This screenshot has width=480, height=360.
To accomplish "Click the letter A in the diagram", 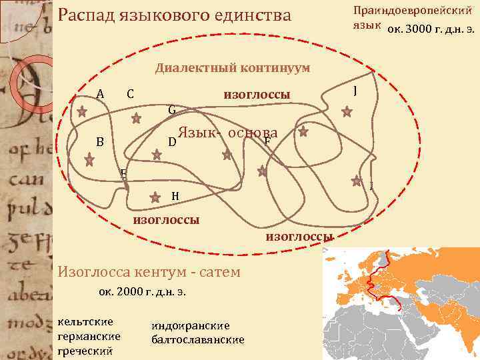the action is point(100,93).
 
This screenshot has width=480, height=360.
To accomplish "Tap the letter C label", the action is point(130,93).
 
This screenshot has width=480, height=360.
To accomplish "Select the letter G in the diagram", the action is point(171,109).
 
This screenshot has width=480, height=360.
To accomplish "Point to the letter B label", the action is point(99,141).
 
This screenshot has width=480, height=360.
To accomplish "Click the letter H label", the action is point(175,195).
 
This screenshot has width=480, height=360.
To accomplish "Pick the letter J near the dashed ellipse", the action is point(357,90).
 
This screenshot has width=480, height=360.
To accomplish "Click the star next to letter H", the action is point(155,197).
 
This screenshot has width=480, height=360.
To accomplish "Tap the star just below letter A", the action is point(81,112).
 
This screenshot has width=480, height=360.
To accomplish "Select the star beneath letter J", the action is point(347,112).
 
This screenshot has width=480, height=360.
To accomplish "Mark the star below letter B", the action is point(89,160).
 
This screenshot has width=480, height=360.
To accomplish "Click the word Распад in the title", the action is point(85,14).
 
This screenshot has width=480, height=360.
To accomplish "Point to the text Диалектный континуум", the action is point(232,67).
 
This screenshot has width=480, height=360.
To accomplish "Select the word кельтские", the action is point(86,321).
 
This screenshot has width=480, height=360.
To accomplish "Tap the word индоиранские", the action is point(191,325).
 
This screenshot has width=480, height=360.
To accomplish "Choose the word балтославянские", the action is point(198,339).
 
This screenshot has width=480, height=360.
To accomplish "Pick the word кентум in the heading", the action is point(166,271).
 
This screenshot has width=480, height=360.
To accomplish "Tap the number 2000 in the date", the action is point(130,292).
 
